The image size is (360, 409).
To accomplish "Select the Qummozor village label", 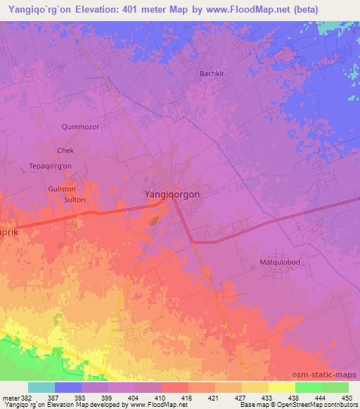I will tap(81, 127).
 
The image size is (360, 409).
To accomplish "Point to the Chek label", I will tap(65, 150).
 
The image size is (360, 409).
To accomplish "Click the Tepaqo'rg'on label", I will tap(50, 165).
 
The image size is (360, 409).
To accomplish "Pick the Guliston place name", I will tap(61, 189).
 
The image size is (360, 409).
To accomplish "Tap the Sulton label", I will tap(75, 200).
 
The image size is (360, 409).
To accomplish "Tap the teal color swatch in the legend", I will tap(41, 387).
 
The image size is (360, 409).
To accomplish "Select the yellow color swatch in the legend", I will tap(281, 387).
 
